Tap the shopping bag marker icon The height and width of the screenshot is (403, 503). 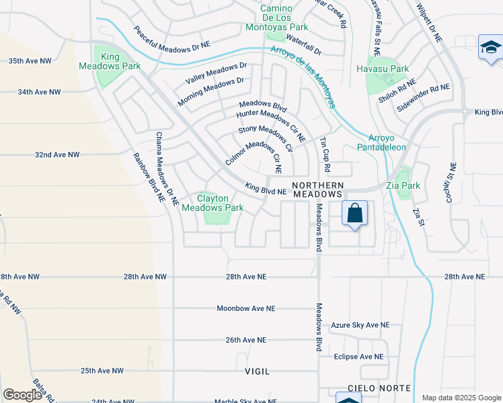[x=354, y=214]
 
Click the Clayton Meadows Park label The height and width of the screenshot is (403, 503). [x=212, y=203]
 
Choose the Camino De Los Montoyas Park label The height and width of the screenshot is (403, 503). [x=284, y=17]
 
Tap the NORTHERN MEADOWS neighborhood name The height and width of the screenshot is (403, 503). [x=318, y=189]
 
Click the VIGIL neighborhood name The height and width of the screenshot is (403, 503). [x=258, y=371]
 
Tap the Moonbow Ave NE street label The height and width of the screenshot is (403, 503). [x=246, y=308]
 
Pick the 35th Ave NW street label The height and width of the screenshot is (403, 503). [x=30, y=60]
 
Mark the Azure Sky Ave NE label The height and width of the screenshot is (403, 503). [x=360, y=325]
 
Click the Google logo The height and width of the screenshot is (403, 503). [x=22, y=395]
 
